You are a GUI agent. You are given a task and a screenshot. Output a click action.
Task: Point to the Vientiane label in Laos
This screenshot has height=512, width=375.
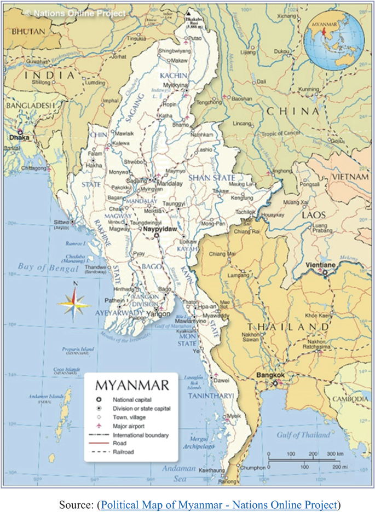tap(322, 264)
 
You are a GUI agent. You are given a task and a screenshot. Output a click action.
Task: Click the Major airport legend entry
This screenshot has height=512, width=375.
tap(129, 426)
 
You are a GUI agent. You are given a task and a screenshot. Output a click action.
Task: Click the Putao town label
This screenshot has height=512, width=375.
tap(195, 39)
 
